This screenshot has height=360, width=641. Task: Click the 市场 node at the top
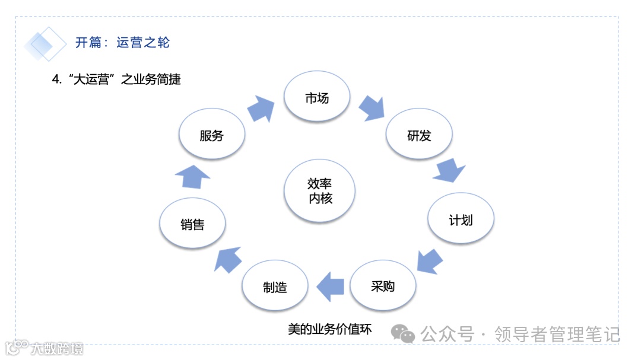click(317, 98)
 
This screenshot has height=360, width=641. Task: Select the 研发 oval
click(419, 136)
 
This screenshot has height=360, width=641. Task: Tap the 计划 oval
click(461, 220)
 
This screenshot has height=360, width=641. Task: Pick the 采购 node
click(383, 286)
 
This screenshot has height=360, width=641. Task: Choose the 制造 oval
click(275, 288)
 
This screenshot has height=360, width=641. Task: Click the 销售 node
click(193, 224)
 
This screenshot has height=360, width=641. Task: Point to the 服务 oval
click(212, 136)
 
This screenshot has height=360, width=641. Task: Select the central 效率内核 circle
click(320, 192)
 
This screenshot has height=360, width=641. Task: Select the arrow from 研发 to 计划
click(449, 171)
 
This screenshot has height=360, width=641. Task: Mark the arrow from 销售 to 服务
click(193, 176)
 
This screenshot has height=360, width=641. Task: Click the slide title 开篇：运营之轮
click(122, 43)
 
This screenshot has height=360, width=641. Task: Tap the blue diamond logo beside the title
click(45, 43)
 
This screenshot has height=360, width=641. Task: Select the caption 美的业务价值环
click(329, 329)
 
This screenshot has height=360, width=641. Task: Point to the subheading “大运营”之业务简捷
click(116, 79)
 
